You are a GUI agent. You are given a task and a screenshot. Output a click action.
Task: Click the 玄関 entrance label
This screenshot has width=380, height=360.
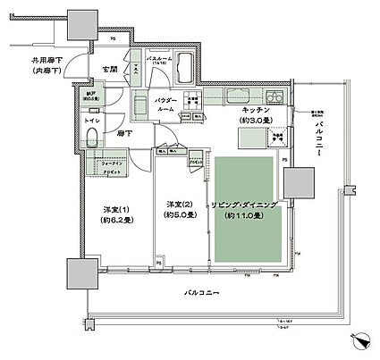click(x=111, y=70)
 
